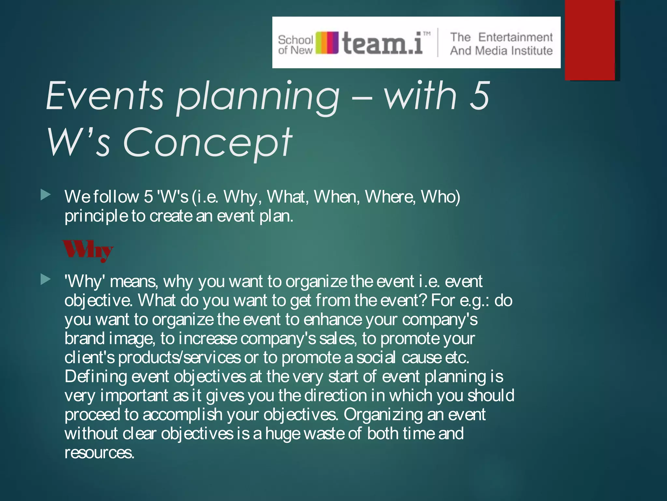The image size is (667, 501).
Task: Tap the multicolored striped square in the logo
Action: pos(327,43)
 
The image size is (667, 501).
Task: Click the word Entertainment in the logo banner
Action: pos(515,37)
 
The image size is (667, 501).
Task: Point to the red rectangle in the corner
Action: pos(590,40)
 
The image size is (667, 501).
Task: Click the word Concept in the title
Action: pos(207,143)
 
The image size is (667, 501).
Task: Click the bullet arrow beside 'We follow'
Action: pos(46,195)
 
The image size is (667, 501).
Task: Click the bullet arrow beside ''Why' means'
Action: pos(46,279)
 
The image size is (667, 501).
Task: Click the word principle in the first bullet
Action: pos(96,216)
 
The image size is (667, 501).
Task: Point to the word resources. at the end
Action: pos(99,453)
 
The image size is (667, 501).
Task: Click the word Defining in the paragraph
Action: pos(95,377)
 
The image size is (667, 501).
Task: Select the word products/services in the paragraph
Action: pos(179,358)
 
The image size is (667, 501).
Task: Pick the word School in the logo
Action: pos(295,40)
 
